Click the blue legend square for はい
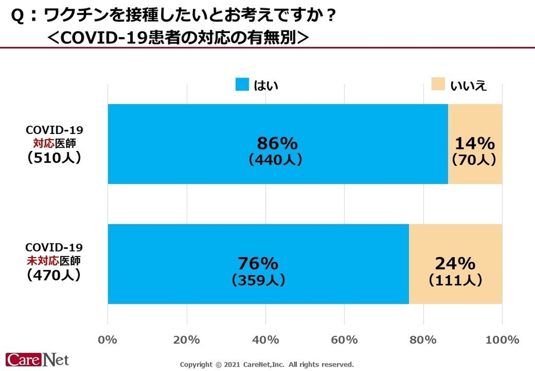pyautogui.click(x=242, y=85)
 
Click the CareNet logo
pyautogui.click(x=37, y=360)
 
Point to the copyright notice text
pyautogui.click(x=266, y=364)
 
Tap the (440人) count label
pyautogui.click(x=275, y=160)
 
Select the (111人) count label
pyautogui.click(x=455, y=280)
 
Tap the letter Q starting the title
pyautogui.click(x=17, y=17)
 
